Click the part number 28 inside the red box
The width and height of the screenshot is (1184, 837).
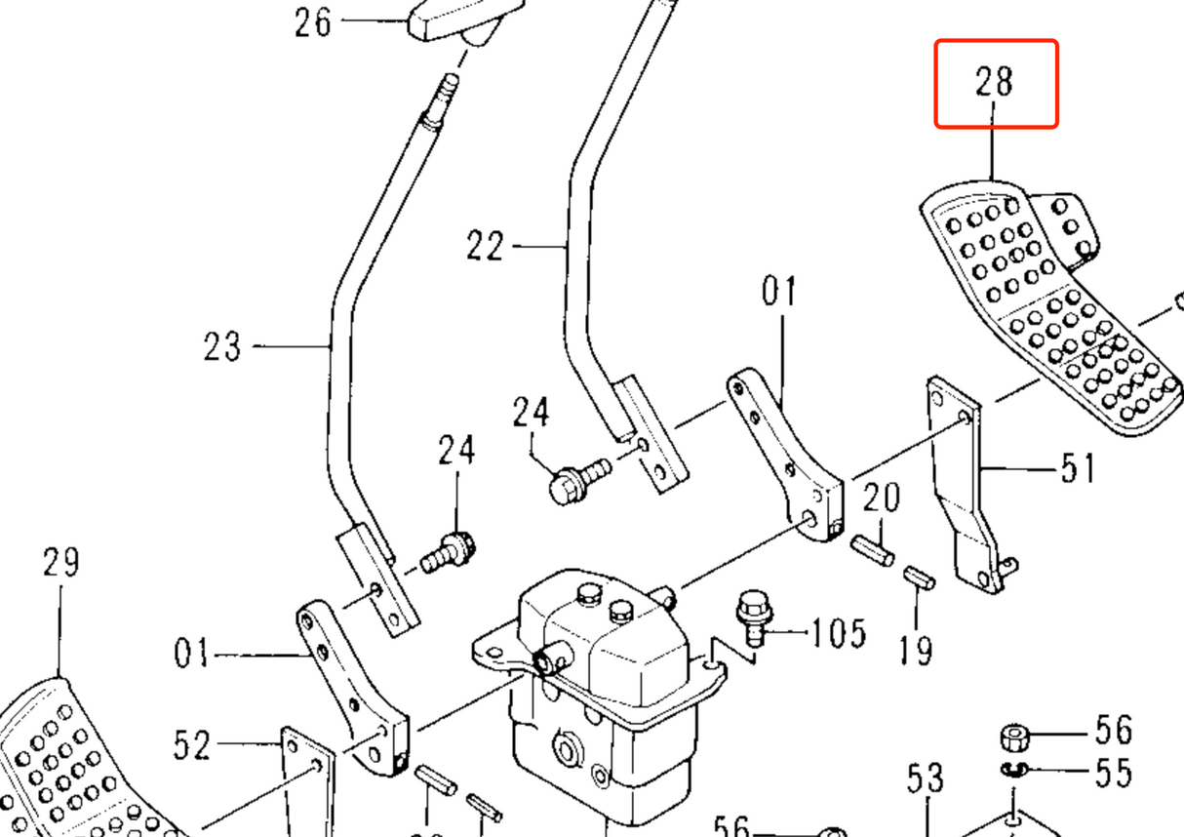click(x=995, y=82)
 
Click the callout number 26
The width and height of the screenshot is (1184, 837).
click(x=314, y=21)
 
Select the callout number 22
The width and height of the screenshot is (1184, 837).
click(x=485, y=247)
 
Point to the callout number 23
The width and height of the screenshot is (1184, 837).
click(x=222, y=346)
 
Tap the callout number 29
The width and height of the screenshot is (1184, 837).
click(x=60, y=563)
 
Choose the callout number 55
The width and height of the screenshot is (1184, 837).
click(x=1112, y=774)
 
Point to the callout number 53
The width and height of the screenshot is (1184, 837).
click(x=926, y=778)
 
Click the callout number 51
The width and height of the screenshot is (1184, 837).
click(x=1076, y=469)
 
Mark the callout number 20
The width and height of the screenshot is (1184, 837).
click(x=882, y=499)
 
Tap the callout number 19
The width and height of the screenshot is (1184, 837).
click(x=917, y=648)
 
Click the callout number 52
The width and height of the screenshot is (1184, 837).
click(x=192, y=746)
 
